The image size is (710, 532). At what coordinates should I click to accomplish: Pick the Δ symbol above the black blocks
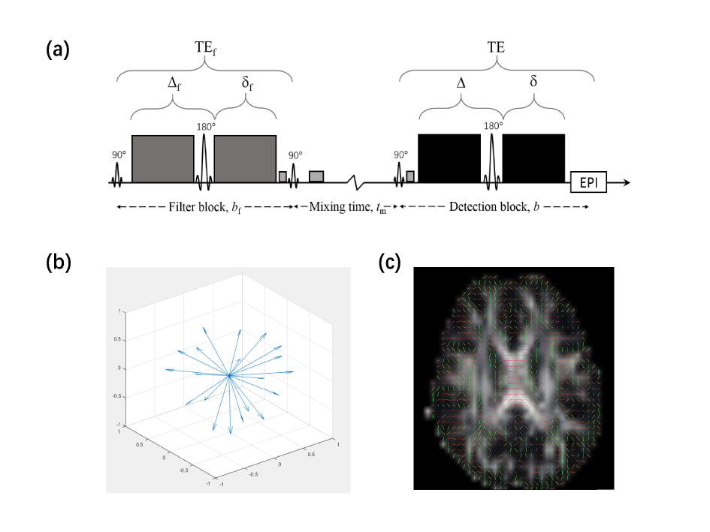pyautogui.click(x=461, y=82)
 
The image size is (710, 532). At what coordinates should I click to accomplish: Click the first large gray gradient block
pyautogui.click(x=162, y=158)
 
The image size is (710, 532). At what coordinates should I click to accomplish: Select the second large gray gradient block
pyautogui.click(x=245, y=158)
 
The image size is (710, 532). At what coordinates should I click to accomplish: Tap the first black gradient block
pyautogui.click(x=449, y=158)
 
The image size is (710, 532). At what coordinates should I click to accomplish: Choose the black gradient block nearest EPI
pyautogui.click(x=533, y=158)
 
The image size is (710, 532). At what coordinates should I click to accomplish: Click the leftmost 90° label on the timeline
pyautogui.click(x=118, y=155)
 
